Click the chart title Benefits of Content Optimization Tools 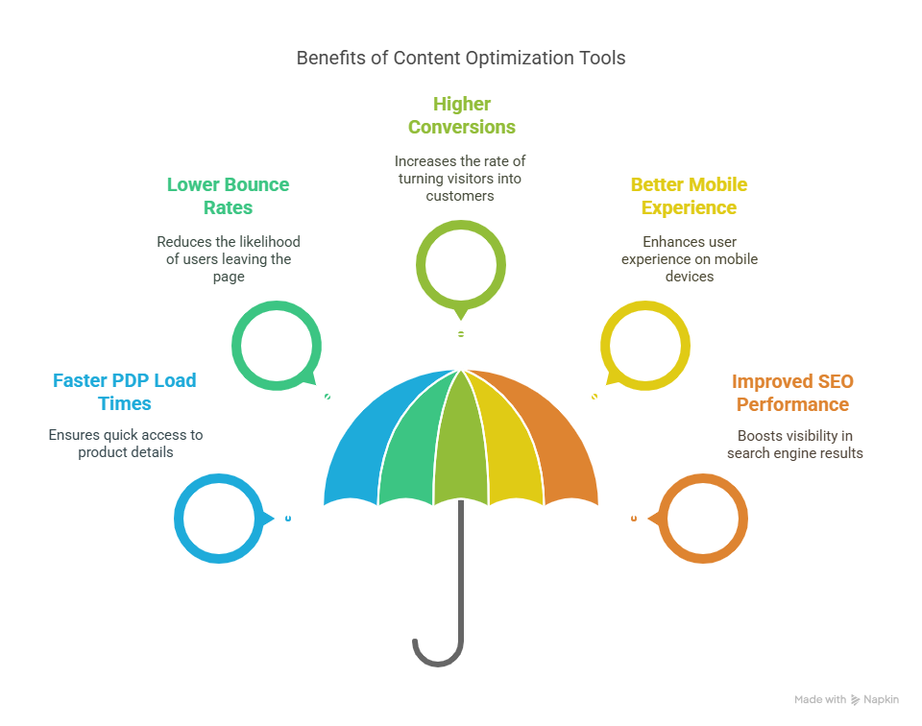[x=460, y=59]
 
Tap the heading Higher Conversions [x=462, y=115]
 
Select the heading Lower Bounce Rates [x=229, y=196]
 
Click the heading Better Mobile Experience [x=689, y=196]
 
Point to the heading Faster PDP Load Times [x=125, y=392]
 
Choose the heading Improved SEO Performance [x=792, y=393]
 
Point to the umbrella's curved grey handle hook [x=438, y=663]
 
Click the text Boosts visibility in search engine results [x=795, y=445]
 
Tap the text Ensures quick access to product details [x=126, y=444]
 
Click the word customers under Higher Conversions [x=460, y=196]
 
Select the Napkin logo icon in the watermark [x=855, y=699]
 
